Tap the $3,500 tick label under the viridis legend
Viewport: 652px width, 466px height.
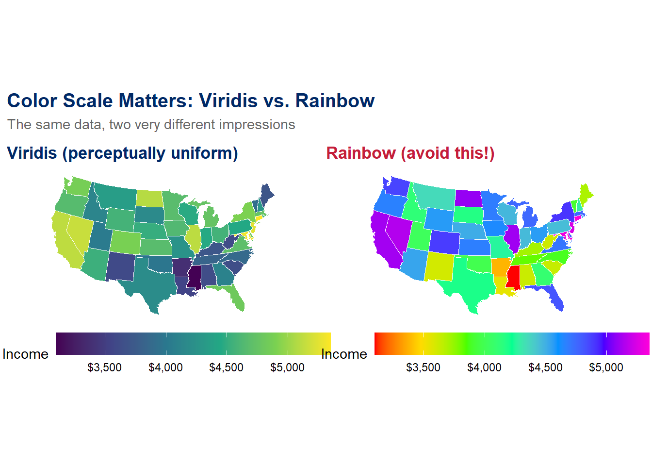pos(104,367)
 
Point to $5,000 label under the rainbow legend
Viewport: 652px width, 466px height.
pos(606,367)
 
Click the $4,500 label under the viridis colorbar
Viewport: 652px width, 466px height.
pos(226,367)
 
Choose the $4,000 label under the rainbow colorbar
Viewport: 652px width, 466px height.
pos(484,367)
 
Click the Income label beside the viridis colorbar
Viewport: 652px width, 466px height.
pos(25,354)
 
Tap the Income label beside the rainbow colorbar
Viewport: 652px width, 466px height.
pos(344,354)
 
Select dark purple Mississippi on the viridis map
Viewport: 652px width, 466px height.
pos(195,278)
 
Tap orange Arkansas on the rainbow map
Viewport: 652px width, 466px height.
pos(500,266)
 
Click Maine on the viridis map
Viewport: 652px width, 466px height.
pos(266,194)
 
